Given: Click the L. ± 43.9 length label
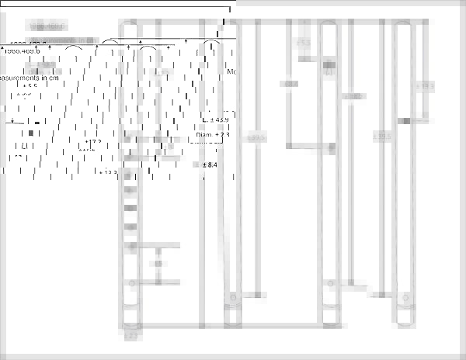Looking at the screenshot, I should pos(215,119).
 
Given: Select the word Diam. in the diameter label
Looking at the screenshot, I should pos(205,135).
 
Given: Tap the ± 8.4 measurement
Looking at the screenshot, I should pos(210,165).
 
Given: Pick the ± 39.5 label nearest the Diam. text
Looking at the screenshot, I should pos(256,137).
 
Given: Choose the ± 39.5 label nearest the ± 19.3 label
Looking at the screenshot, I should pos(381,137).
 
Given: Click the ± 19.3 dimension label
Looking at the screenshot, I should pos(426,87).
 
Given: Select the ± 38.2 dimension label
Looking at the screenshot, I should pos(354,97).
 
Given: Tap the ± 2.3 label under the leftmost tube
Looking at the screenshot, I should pos(130,336).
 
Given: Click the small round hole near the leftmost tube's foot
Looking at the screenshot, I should pos(132,283).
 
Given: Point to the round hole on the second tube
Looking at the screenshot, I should pos(231,298).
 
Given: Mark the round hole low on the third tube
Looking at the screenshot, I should pos(326,285).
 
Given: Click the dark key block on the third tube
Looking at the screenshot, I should pos(329,65).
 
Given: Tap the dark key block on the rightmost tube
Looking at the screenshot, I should pos(404,120).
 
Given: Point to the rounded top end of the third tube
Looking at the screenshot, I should pos(329,26).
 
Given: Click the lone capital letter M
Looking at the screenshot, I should pos(230,71).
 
